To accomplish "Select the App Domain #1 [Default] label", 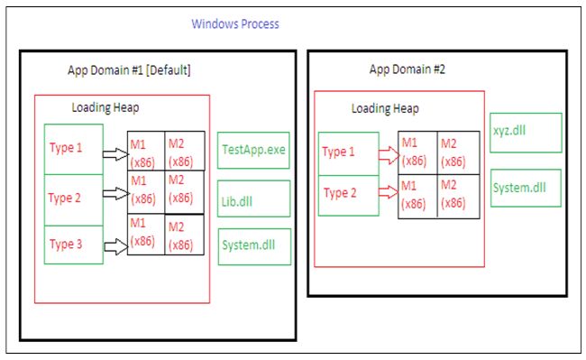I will [x=129, y=70].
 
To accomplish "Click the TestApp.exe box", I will [x=253, y=149].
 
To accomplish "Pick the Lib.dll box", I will [x=253, y=198].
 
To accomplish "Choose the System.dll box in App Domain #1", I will [x=253, y=245].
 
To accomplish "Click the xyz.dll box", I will [x=526, y=132].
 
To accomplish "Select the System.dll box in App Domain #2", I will [x=526, y=189].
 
